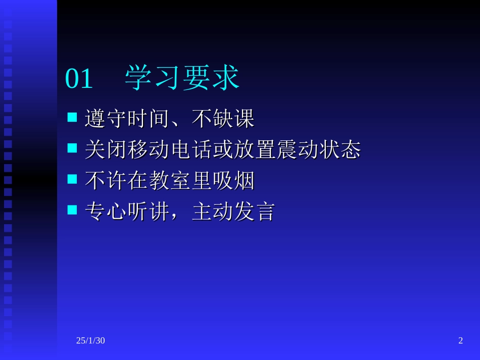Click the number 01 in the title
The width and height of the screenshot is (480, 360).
[x=79, y=79]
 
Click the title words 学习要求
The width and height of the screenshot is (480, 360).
[x=182, y=78]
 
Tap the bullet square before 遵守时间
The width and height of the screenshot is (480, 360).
[x=72, y=118]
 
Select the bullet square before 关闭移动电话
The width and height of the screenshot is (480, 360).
[x=72, y=148]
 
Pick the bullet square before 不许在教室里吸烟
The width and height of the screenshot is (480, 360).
[x=72, y=179]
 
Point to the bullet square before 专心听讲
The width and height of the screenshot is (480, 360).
[x=72, y=210]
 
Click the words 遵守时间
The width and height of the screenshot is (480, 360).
[x=127, y=119]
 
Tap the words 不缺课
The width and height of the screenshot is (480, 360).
[x=223, y=119]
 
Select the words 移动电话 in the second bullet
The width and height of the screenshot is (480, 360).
[x=169, y=150]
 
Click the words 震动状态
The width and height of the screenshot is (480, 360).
[x=318, y=150]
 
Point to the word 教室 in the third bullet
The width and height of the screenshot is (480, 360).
[x=169, y=181]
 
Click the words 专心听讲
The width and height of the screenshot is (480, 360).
[x=127, y=212]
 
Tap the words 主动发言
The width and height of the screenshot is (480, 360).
[x=233, y=212]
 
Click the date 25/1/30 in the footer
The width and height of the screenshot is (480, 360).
[x=90, y=341]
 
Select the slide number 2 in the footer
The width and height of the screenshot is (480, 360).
[x=460, y=341]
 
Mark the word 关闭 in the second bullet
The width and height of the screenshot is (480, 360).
[x=106, y=150]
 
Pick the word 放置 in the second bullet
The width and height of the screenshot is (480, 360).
[x=255, y=150]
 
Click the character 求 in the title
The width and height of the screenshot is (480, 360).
[x=225, y=78]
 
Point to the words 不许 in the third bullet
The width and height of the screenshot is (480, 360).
[x=106, y=181]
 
